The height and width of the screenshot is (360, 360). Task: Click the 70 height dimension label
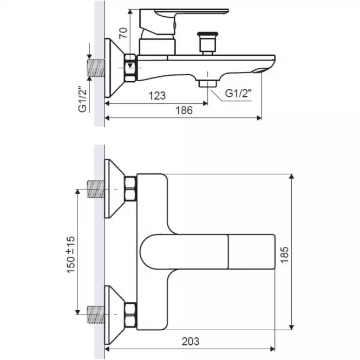[123, 33]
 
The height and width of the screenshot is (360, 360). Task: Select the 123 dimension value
[157, 96]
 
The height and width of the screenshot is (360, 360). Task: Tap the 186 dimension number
[184, 110]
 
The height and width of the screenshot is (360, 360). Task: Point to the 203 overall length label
[191, 342]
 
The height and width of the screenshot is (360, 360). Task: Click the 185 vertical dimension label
[284, 255]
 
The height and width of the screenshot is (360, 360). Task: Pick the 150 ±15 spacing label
[71, 254]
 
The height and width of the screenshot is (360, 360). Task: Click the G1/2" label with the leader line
[238, 93]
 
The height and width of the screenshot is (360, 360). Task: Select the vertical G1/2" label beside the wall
[83, 99]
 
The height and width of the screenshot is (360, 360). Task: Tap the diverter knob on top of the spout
[207, 43]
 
